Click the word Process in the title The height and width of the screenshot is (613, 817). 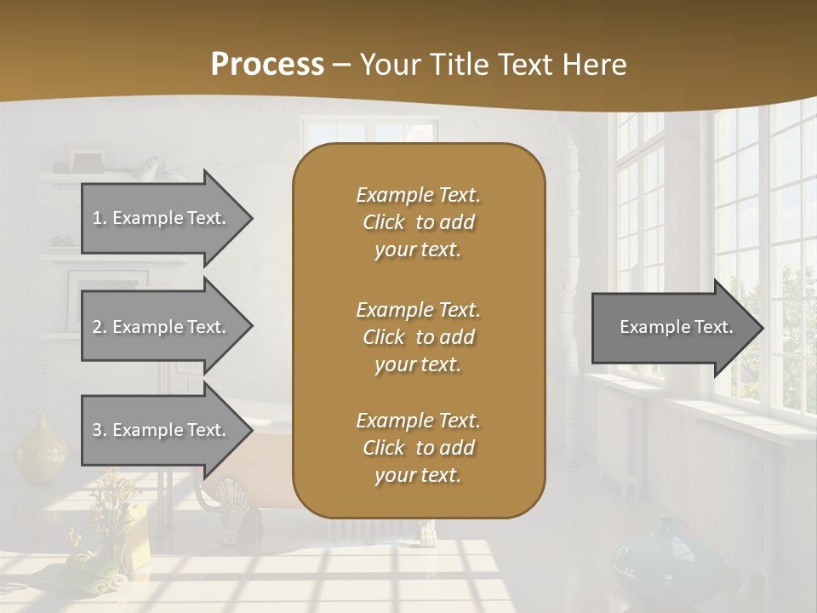coord(267,65)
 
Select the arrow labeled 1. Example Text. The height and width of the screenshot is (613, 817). coord(159,218)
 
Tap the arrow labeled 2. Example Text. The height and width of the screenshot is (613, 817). coord(159,327)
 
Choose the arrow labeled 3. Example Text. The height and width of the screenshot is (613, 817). coord(159,430)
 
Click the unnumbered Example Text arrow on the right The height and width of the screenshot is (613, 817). coord(676,328)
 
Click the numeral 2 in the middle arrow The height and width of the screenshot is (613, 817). coord(97,327)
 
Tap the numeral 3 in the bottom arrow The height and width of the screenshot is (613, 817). coord(97,430)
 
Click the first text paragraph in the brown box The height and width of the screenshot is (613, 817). coord(418,222)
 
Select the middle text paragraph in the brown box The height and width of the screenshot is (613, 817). coord(418,337)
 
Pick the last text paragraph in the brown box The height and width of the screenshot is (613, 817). coord(418,448)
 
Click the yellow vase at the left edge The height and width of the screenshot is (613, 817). coord(41,449)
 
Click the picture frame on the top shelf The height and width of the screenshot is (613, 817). coord(86,162)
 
